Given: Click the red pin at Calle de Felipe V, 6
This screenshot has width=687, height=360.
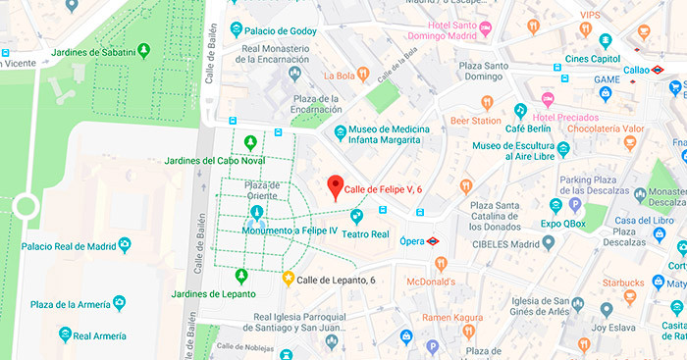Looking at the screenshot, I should (x=335, y=186).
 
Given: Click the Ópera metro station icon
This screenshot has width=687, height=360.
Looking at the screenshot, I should (x=447, y=237).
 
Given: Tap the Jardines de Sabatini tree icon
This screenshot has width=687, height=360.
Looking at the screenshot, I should (x=144, y=49).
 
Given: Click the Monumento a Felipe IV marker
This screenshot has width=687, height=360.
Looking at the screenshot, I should (x=256, y=212).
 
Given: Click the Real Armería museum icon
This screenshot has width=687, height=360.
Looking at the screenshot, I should (x=67, y=334).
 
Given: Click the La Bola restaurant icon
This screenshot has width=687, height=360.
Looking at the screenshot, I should (x=362, y=74).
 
